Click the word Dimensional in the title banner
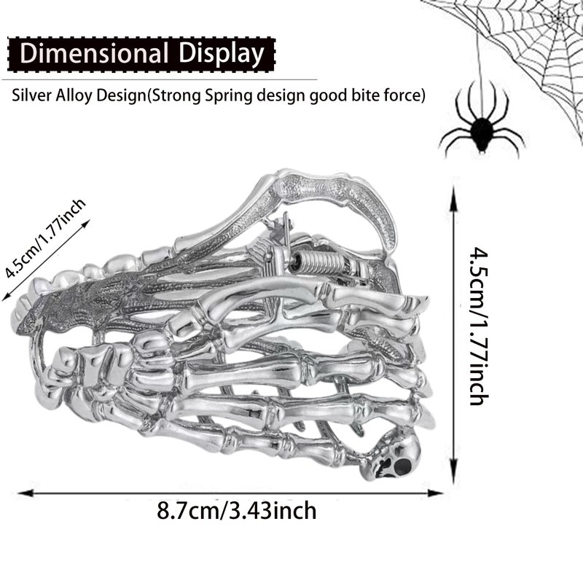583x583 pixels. click(94, 53)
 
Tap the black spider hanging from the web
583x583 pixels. click(482, 126)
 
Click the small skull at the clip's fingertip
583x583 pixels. click(395, 454)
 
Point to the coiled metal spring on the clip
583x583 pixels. click(321, 262)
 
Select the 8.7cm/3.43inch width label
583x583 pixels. click(236, 511)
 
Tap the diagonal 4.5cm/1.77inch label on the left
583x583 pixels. click(45, 238)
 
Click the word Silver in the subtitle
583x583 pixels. click(32, 95)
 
